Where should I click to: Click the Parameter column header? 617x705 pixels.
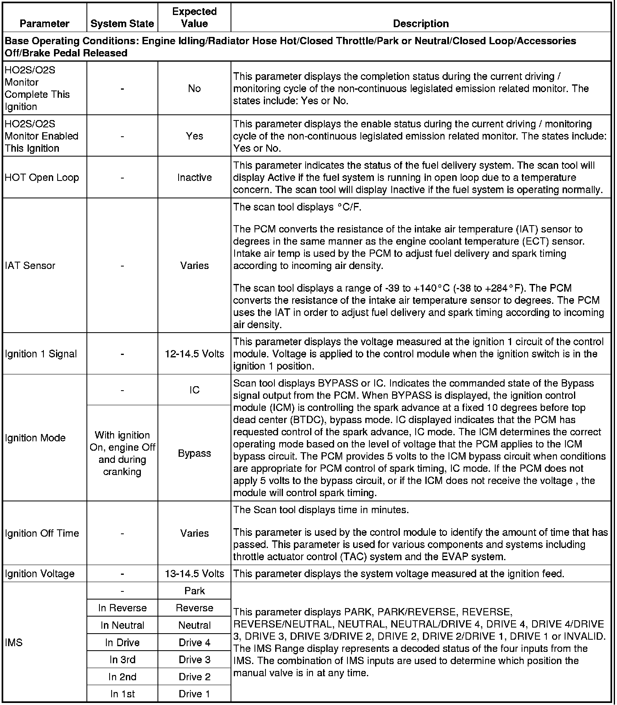pos(44,24)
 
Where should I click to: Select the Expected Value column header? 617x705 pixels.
pos(194,17)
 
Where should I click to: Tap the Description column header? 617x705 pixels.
pos(421,24)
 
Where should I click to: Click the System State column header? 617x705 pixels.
pos(122,24)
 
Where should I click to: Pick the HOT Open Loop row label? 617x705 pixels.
pos(42,177)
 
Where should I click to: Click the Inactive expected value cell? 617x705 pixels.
pos(194,177)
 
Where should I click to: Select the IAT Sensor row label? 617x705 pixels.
pos(30,265)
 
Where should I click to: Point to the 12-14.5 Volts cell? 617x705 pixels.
pos(194,354)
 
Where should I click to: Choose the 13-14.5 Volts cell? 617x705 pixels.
pos(194,574)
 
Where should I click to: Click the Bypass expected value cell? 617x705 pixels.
pos(194,453)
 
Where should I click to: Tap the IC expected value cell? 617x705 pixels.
pos(194,390)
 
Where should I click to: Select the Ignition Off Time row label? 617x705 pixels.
pos(42,533)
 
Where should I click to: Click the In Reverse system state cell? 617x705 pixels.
pos(122,608)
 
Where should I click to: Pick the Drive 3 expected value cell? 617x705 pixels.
pos(194,660)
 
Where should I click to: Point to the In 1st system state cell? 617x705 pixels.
pos(122,694)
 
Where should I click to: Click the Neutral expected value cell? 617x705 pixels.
pos(194,625)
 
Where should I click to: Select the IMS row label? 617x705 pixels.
pos(14,643)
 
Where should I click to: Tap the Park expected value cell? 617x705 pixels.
pos(194,591)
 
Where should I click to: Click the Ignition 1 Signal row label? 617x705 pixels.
pos(41,354)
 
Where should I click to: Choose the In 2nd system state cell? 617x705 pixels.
pos(122,677)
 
